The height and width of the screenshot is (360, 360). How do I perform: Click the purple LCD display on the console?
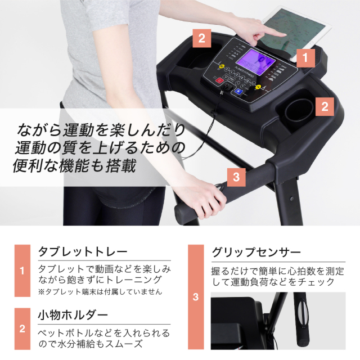click(x=255, y=62)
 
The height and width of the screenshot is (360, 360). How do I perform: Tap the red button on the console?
click(x=219, y=80)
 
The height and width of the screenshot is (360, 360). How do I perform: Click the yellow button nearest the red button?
click(x=222, y=66)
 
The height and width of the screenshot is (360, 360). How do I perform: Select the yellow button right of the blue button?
click(x=259, y=87)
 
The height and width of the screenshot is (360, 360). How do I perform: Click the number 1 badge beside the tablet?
click(x=305, y=58)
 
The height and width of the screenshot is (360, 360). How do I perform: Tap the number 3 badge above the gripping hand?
click(x=236, y=177)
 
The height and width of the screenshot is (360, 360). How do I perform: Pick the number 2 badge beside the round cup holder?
click(x=325, y=107)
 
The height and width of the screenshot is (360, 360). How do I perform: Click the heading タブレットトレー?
click(x=83, y=251)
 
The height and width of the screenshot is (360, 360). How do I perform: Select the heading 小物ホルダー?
click(x=73, y=315)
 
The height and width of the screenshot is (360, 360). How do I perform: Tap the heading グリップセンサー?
click(x=256, y=253)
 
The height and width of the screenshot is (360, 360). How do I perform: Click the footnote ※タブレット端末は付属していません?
click(x=100, y=292)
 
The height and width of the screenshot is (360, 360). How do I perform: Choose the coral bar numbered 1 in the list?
click(x=22, y=271)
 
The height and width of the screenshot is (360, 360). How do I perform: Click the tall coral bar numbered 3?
click(x=196, y=297)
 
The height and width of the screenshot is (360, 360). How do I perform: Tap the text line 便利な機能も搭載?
click(x=75, y=166)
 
